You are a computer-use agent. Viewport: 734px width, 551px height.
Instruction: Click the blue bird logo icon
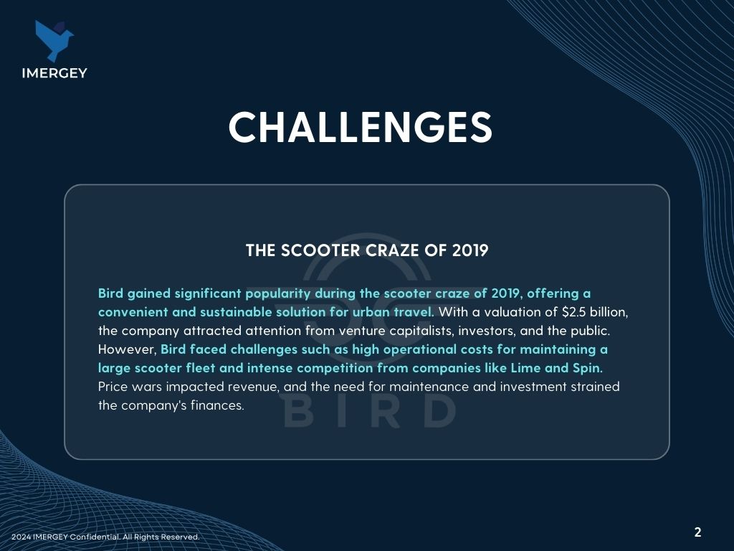pyautogui.click(x=54, y=41)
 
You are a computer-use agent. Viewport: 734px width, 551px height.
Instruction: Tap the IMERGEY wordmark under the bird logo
pyautogui.click(x=54, y=73)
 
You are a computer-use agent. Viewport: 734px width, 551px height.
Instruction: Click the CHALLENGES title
pyautogui.click(x=360, y=127)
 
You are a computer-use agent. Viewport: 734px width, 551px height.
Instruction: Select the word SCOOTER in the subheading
pyautogui.click(x=320, y=250)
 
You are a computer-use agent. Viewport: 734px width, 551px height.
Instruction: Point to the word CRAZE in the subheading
pyautogui.click(x=393, y=250)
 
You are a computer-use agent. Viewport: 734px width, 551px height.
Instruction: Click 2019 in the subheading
pyautogui.click(x=470, y=250)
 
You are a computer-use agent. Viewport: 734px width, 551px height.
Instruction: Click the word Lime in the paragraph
pyautogui.click(x=525, y=368)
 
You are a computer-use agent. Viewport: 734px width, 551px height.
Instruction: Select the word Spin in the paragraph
pyautogui.click(x=588, y=369)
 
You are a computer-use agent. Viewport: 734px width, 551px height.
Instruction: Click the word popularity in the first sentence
pyautogui.click(x=278, y=293)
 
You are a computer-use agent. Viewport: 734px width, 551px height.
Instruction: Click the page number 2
pyautogui.click(x=698, y=532)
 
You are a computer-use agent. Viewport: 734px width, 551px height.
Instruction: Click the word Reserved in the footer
pyautogui.click(x=180, y=537)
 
